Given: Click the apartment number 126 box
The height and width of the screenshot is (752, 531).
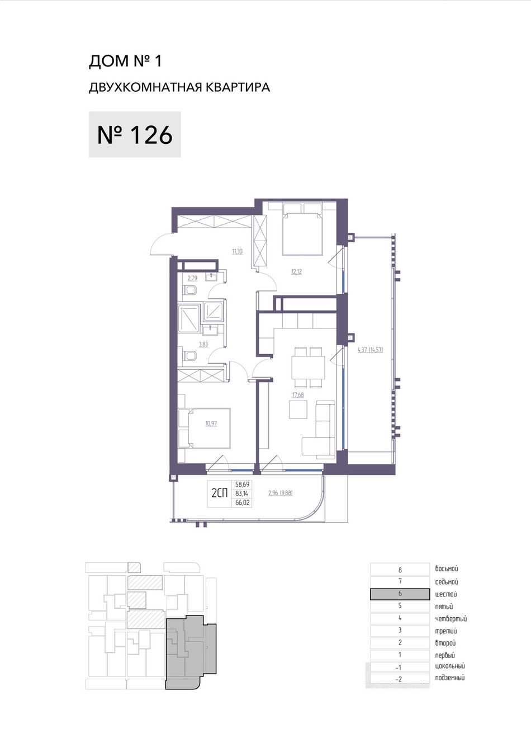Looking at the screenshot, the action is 135,134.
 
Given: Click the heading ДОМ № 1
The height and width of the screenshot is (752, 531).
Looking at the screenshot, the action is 125,62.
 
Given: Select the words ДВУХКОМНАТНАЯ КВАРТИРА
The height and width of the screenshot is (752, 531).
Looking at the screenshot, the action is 179,87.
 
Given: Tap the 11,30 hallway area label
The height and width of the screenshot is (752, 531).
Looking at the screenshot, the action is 237,251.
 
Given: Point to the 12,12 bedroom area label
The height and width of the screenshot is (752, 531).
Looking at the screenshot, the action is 297,271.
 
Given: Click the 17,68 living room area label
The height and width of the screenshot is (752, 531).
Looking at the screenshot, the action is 298,395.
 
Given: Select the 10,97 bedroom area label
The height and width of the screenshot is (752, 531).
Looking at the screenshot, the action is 211,424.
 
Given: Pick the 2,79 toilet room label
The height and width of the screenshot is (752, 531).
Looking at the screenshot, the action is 192,278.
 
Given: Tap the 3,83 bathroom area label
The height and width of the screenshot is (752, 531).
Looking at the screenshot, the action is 203,344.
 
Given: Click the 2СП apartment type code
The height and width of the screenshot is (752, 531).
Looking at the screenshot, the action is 220,493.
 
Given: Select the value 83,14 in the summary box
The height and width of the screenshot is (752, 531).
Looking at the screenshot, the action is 242,493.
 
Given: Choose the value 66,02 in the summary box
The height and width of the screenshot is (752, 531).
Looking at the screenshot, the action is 242,502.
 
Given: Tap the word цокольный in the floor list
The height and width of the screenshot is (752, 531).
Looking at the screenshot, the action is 450,666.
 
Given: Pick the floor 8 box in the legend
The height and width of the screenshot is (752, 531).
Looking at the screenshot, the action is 400,570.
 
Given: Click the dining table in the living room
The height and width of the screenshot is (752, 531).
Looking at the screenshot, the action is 309,367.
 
